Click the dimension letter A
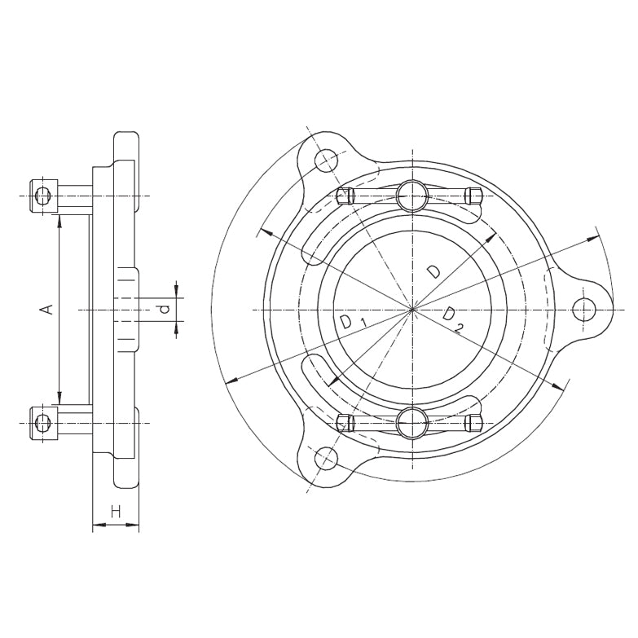48,309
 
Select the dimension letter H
116,511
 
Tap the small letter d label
165,310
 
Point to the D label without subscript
433,271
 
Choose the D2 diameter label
452,319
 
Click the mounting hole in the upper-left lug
326,161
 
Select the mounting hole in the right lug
584,310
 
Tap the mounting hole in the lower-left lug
326,459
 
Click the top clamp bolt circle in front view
412,196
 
